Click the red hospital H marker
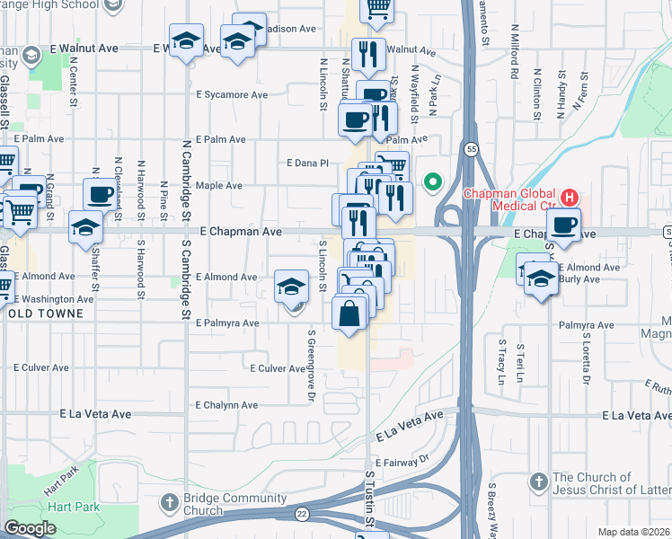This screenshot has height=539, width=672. [x=568, y=196]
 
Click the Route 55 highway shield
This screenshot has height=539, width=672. [x=469, y=148]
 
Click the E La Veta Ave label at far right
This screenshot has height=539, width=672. [x=637, y=415]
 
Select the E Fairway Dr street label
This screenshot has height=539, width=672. [x=403, y=462]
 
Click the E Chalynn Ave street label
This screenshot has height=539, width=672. [x=227, y=405]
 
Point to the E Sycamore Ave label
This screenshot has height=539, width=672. [x=232, y=94]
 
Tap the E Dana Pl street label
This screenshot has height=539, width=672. [x=308, y=163]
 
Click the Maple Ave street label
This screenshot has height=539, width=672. [x=219, y=186]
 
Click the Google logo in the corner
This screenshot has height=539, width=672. [x=30, y=528]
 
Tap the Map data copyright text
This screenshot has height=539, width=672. [x=633, y=532]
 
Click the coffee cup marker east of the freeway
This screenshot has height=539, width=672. [x=563, y=225]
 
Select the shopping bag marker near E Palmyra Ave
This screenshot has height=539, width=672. [x=349, y=315]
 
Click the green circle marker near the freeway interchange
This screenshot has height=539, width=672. [x=432, y=183]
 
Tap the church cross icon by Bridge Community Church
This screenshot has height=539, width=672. [x=170, y=501]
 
